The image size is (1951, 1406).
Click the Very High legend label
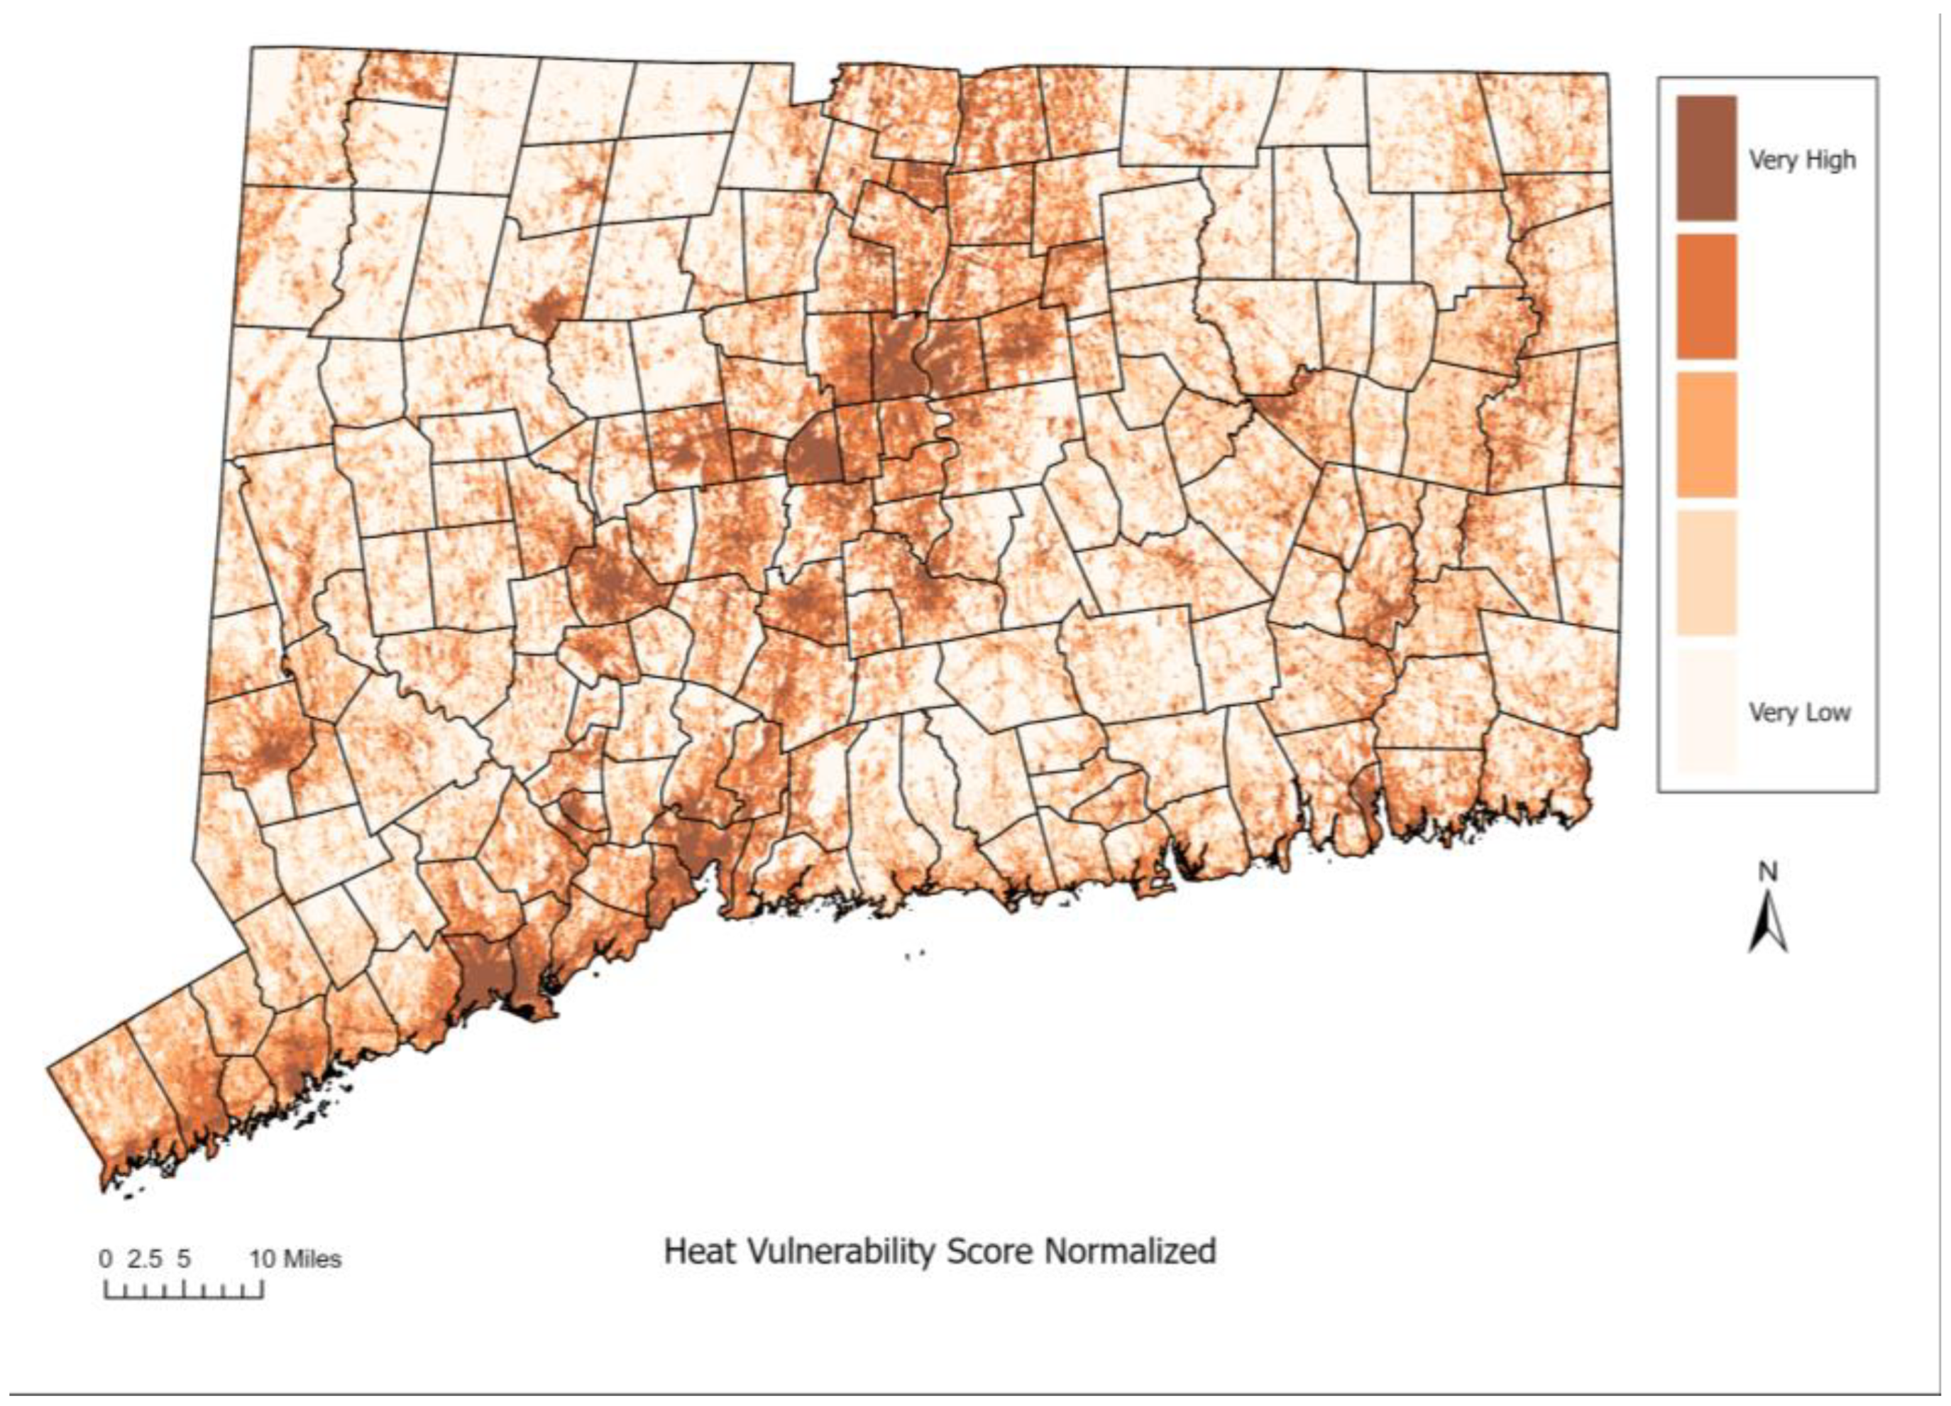coord(1801,160)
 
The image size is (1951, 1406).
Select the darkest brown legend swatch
coord(1706,158)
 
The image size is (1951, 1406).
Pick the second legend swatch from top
coord(1706,296)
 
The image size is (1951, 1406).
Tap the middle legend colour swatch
coord(1706,435)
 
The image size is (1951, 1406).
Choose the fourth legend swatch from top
coord(1706,573)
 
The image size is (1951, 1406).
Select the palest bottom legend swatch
coord(1706,712)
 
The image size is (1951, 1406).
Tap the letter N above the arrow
coord(1767,873)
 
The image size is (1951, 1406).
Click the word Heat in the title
coord(693,1250)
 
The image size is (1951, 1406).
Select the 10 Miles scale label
coord(296,1260)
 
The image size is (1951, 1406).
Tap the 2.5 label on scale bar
coord(145,1260)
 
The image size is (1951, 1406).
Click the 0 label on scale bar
coord(105,1260)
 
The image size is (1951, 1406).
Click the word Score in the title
coord(989,1250)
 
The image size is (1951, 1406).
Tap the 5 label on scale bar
coord(183,1260)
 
